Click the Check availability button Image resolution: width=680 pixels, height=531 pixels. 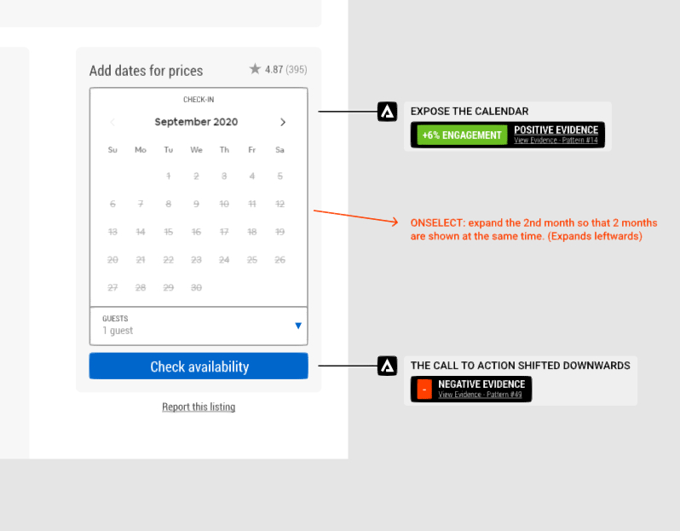(199, 367)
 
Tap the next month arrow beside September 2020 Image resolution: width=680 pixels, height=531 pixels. (283, 122)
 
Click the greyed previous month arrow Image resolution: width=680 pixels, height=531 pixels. (112, 122)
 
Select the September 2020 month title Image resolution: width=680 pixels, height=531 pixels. (196, 122)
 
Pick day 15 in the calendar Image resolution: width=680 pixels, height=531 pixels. (169, 232)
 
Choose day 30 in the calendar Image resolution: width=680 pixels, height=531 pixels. (196, 287)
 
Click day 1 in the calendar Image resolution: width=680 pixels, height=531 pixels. (169, 176)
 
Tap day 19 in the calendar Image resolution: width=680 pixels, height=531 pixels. (279, 232)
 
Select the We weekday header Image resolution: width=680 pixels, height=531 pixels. (196, 150)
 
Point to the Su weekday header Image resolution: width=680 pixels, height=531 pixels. (112, 150)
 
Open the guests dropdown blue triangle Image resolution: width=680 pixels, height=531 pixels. (297, 326)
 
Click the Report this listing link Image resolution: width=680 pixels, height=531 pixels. (199, 407)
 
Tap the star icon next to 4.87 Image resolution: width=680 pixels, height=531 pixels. (255, 69)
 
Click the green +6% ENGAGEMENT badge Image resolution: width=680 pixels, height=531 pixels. (462, 136)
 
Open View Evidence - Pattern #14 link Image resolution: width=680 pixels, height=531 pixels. (556, 140)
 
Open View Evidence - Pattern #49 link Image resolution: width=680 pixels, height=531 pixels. (480, 395)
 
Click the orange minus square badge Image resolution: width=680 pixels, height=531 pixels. (424, 390)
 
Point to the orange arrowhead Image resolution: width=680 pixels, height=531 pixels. (395, 222)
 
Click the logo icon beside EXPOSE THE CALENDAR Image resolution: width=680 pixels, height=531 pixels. (388, 112)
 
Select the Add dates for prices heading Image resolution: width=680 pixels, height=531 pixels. (146, 71)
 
